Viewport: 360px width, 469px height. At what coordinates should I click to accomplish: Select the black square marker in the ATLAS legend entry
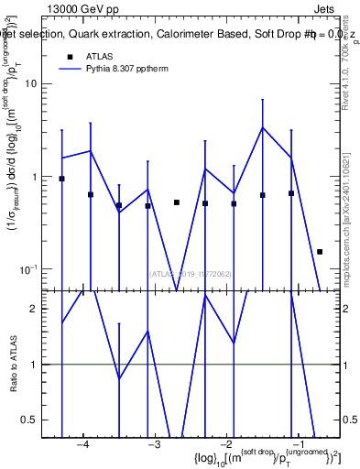click(x=70, y=58)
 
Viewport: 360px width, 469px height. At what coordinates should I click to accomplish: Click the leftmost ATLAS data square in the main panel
click(x=61, y=179)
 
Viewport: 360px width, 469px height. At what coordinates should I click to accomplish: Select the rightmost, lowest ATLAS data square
click(x=320, y=251)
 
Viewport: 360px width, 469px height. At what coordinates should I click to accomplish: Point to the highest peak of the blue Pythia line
click(x=263, y=127)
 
